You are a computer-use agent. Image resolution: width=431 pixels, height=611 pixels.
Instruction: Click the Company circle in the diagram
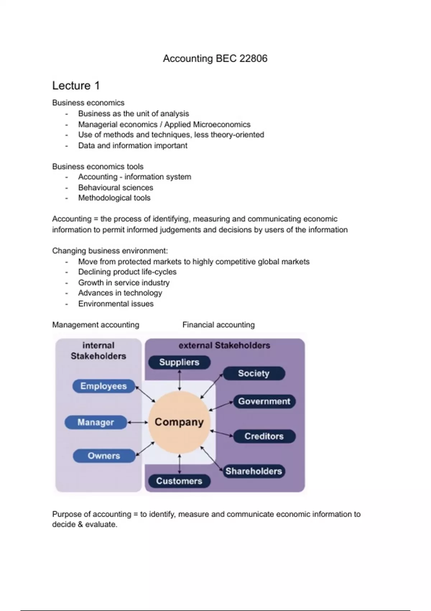tap(179, 422)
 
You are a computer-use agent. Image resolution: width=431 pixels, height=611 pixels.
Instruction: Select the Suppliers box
tap(179, 362)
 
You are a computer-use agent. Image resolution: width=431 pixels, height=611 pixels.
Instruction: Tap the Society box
tap(254, 373)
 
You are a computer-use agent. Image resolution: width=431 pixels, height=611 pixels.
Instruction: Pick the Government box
tap(264, 401)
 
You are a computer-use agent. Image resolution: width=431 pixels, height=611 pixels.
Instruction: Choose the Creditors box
tap(264, 436)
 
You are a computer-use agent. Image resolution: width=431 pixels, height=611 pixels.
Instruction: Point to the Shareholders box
tap(254, 471)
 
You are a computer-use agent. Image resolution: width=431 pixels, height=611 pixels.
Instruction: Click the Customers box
tap(179, 481)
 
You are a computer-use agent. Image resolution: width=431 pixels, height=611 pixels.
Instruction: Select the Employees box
tap(103, 386)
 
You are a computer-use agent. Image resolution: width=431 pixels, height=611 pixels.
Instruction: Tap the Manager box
tap(96, 422)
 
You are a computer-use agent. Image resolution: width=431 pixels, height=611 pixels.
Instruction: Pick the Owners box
tap(104, 456)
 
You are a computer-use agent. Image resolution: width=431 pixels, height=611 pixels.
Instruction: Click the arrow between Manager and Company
tap(138, 422)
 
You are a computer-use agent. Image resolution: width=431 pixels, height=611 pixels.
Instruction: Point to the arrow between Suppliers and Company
tap(180, 380)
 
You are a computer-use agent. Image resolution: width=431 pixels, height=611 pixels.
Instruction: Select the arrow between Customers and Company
tap(180, 464)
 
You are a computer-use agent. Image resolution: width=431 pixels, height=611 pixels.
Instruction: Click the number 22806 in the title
tap(253, 59)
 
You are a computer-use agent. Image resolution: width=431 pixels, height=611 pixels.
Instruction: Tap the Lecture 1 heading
tap(76, 86)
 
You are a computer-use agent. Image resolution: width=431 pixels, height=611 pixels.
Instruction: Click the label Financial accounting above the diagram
tap(218, 325)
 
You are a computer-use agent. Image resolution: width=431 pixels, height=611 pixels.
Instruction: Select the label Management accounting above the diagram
tap(96, 325)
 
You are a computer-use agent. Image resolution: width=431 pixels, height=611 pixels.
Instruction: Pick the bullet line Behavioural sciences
tap(115, 188)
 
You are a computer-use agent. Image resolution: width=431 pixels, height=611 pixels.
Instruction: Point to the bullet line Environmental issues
tap(116, 304)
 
